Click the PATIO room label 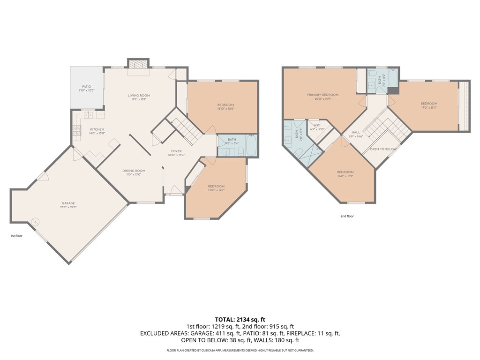[x=86, y=86]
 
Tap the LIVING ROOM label [x=139, y=96]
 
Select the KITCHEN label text [x=97, y=129]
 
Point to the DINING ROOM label [x=134, y=171]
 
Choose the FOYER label [x=176, y=151]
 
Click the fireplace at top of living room [x=138, y=65]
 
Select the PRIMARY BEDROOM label [x=322, y=95]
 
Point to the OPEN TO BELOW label [x=383, y=149]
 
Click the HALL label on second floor [x=356, y=132]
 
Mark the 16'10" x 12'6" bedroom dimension [x=225, y=109]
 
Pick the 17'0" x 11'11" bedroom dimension [x=428, y=108]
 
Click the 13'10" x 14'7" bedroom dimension [x=216, y=190]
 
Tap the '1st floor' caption [x=16, y=236]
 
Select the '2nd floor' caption [x=347, y=216]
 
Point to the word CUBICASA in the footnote [x=210, y=350]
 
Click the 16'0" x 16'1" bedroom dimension [x=345, y=176]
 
